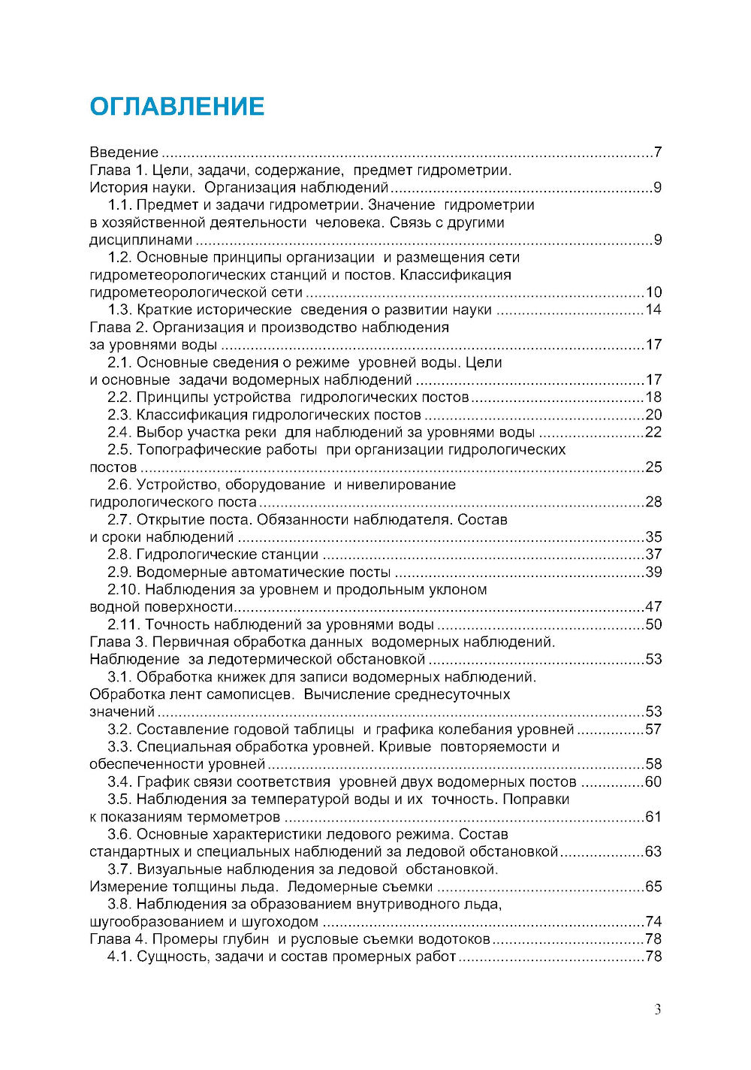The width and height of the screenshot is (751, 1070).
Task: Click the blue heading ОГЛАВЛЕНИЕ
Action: click(176, 107)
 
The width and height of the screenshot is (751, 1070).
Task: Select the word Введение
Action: click(124, 153)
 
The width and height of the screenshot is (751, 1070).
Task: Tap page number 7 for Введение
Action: click(657, 153)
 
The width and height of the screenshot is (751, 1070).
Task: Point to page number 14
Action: click(653, 310)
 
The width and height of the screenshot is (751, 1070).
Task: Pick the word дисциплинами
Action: click(141, 240)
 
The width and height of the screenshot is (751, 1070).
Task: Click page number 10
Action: click(653, 293)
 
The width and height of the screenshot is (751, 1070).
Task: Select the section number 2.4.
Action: click(119, 433)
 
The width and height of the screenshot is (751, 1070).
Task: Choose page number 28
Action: click(653, 503)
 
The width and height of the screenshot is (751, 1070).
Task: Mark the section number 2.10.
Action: click(123, 590)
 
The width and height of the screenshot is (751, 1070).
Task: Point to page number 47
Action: click(653, 607)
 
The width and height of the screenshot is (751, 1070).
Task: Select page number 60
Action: click(653, 782)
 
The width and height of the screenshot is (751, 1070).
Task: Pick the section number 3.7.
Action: click(119, 869)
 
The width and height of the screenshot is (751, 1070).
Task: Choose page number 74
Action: click(653, 922)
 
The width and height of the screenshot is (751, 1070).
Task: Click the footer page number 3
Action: click(658, 1010)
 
